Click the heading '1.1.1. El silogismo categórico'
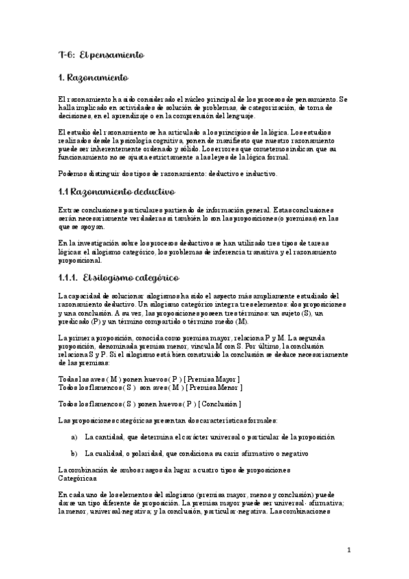coord(119,278)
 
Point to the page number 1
coord(348,550)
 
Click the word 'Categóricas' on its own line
coord(77,479)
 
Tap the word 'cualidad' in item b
coord(107,453)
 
